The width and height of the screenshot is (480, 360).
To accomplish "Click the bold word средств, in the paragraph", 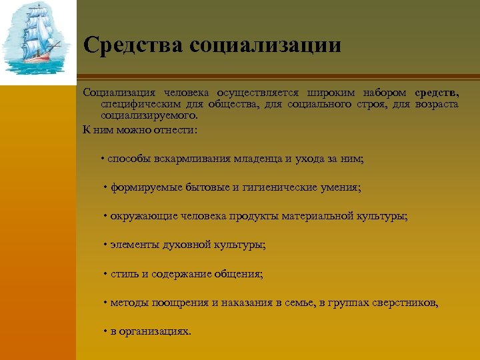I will tap(436, 92).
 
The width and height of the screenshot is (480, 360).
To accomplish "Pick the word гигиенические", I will tap(273, 188).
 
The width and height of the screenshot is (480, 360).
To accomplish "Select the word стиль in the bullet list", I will tap(123, 274).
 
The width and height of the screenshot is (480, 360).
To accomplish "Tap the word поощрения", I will tap(179, 303).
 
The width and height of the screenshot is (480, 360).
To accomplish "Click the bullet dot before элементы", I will tap(105, 245).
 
